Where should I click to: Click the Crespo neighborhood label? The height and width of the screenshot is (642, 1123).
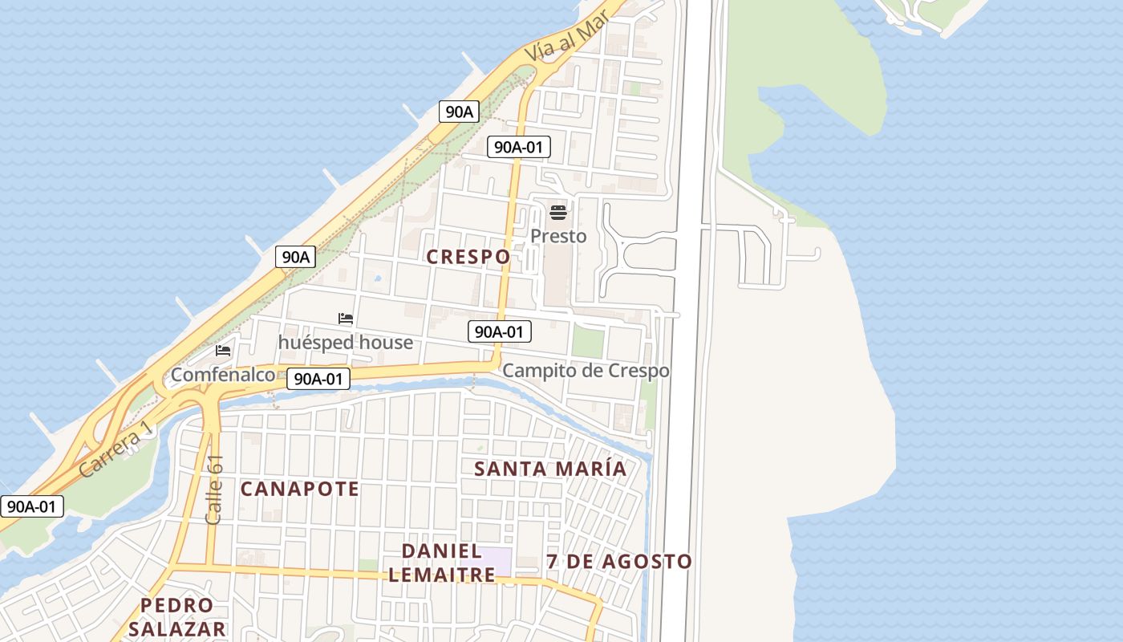pos(468,257)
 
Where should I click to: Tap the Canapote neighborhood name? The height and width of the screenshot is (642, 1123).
pos(299,489)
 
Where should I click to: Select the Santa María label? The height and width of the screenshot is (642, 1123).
pos(549,469)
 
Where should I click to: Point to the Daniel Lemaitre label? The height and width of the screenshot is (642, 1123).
pos(448,563)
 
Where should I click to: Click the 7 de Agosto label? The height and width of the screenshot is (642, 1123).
pos(618,562)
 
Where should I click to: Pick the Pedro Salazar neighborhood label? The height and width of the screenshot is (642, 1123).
pos(176,616)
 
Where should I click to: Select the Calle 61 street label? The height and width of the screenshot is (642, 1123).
pos(214,490)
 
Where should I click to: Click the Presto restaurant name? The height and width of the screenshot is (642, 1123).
pos(558,236)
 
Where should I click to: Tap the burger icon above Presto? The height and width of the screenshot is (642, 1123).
pos(558,213)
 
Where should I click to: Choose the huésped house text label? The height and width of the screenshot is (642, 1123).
pos(345,343)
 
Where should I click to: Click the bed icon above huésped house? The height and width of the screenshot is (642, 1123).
pos(346,319)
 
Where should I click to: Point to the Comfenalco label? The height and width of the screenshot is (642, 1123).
pos(223,375)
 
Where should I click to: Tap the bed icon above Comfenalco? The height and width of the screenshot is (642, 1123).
pos(223,351)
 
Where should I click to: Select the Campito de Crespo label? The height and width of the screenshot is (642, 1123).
pos(586,371)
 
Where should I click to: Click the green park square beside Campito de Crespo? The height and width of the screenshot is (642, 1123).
pos(588,343)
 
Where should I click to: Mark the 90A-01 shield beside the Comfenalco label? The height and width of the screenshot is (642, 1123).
pos(318,379)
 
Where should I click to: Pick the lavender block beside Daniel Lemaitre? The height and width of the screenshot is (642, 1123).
pos(495,560)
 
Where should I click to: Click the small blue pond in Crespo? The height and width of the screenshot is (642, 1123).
pos(376,280)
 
